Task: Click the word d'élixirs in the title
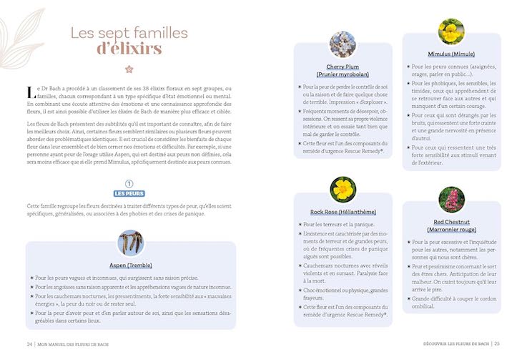[x=129, y=49]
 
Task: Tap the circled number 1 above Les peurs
[x=129, y=183]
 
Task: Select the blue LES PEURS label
[x=129, y=194]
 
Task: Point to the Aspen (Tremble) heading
[x=129, y=264]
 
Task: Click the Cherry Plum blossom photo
[x=343, y=44]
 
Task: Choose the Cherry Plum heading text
[x=343, y=70]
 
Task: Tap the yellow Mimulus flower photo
[x=451, y=32]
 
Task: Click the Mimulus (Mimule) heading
[x=451, y=54]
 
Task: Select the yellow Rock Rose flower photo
[x=343, y=190]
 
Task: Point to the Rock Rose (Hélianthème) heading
[x=343, y=212]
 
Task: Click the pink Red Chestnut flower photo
[x=451, y=200]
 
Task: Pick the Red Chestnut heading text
[x=451, y=226]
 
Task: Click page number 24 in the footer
[x=29, y=343]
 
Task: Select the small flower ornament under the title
[x=129, y=69]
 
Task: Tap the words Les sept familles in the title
[x=129, y=32]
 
